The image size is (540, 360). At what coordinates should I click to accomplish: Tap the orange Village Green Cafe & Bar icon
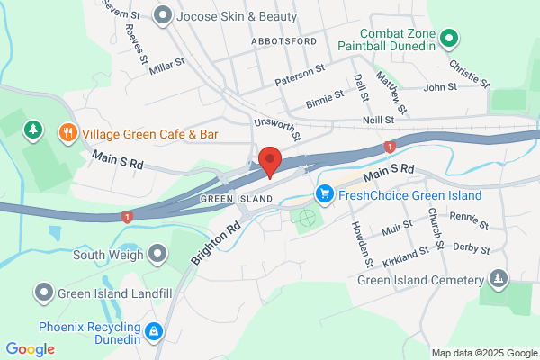(x=67, y=134)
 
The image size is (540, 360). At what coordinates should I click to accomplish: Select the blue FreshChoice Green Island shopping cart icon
(x=325, y=194)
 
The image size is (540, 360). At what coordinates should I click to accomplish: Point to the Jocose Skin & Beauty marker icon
(x=163, y=15)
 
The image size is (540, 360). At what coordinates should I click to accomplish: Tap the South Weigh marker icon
(x=158, y=253)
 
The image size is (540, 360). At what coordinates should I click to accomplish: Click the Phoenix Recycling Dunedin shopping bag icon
(x=154, y=332)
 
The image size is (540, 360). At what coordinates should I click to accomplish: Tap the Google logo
(x=30, y=348)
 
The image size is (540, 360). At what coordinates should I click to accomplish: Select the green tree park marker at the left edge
(x=34, y=130)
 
